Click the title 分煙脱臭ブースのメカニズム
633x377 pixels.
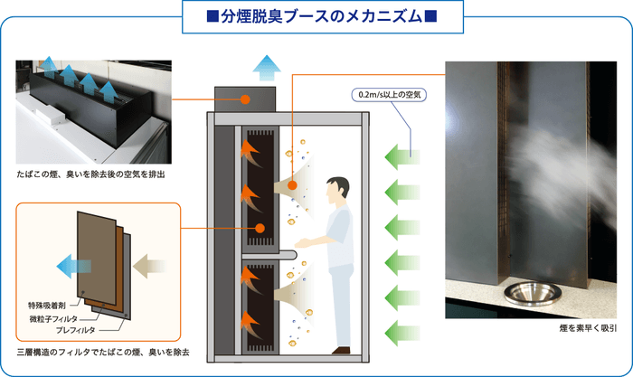pyautogui.click(x=316, y=15)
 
